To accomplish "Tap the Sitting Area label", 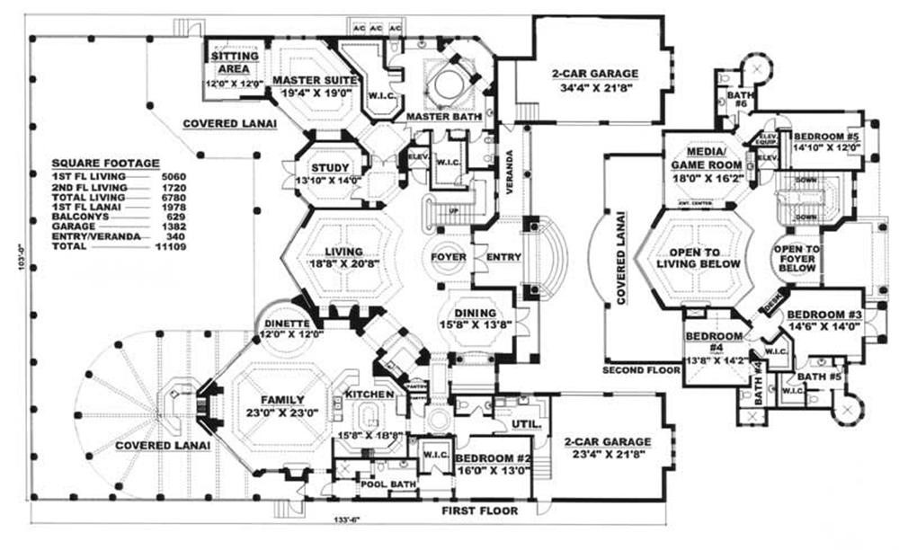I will click(235, 62).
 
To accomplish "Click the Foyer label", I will click(448, 257).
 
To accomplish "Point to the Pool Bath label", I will click(377, 483).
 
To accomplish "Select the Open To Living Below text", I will click(699, 257).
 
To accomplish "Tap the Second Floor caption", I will click(636, 369).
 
